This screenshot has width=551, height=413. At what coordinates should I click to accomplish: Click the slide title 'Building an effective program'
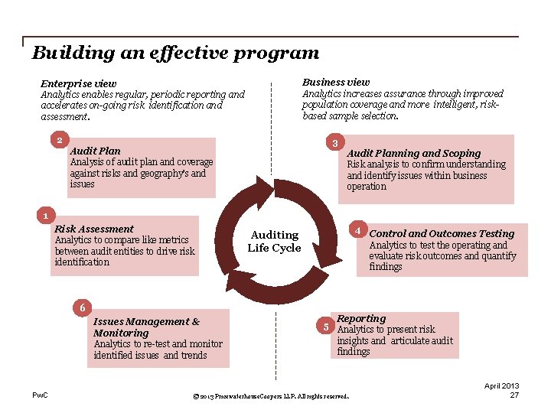coord(175,53)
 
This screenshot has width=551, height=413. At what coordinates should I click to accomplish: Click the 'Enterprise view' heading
coord(79,83)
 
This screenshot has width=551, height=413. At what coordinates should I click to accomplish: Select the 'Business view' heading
coord(336,82)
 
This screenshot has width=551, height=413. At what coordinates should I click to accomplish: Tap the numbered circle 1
coord(46,215)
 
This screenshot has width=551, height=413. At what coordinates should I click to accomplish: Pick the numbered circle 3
coord(334,143)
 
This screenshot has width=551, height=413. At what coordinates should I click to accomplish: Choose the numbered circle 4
coord(356,230)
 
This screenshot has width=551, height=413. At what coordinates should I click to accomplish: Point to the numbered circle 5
coord(326,327)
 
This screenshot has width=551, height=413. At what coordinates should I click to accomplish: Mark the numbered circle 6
coord(83,307)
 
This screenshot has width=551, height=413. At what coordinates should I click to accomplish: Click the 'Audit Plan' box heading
coord(95,151)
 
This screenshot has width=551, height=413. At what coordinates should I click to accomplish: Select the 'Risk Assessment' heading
coord(94,229)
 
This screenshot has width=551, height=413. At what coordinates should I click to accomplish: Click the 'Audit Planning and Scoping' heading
coord(414,153)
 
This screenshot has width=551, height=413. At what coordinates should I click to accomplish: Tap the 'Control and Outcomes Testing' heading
coord(442,233)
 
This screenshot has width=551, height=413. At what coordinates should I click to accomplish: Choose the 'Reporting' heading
coord(361,318)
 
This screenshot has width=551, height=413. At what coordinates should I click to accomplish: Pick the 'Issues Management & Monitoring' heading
coord(146,327)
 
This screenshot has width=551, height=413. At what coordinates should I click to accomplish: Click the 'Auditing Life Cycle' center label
coord(275,241)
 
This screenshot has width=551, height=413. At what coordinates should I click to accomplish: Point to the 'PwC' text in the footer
coord(40,395)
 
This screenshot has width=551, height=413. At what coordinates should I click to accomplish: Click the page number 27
coord(514,395)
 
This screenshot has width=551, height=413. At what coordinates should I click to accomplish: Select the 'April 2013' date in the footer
coord(501,385)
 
